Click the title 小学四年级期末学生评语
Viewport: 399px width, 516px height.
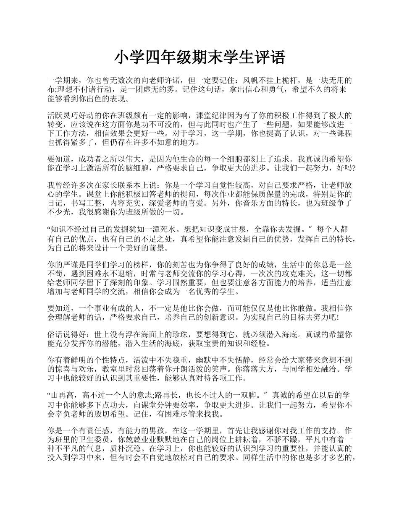199,57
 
